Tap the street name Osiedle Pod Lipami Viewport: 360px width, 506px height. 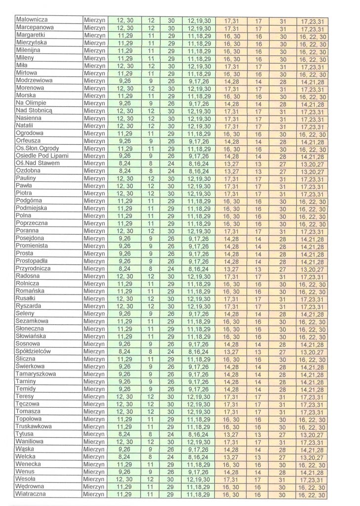coord(42,156)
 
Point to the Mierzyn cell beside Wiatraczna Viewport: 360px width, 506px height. coord(94,495)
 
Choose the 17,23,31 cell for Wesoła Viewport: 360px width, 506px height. coord(312,479)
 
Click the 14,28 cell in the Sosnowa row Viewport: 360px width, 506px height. coord(231,343)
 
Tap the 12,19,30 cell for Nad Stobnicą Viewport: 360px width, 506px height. coord(199,112)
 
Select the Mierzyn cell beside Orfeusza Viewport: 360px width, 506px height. coord(94,141)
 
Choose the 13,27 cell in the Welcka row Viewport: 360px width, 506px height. coord(231,458)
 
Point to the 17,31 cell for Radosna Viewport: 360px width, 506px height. coord(231,277)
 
